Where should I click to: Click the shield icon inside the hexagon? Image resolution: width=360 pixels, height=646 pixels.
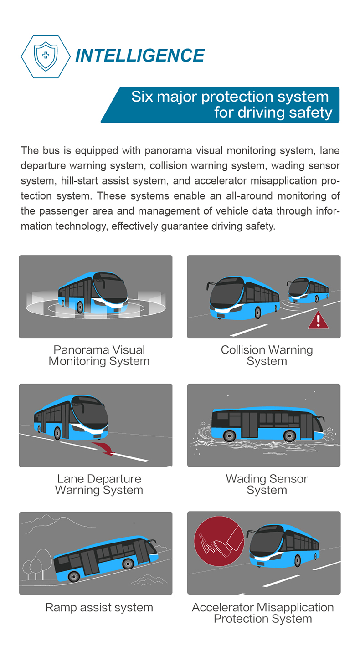click(x=46, y=56)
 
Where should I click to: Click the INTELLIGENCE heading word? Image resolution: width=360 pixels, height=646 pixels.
click(x=139, y=56)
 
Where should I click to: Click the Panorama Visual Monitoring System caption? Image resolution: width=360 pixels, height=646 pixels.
click(x=99, y=356)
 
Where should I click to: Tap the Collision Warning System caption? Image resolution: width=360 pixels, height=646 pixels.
click(x=267, y=356)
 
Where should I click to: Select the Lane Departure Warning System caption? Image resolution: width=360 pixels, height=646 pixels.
click(x=99, y=485)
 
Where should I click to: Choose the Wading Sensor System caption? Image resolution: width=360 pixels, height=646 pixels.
click(x=267, y=485)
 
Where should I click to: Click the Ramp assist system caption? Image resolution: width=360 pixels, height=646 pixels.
click(x=99, y=608)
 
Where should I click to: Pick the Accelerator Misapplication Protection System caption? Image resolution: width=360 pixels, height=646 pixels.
click(x=262, y=613)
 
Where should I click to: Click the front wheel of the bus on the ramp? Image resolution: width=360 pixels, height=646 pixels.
click(x=128, y=564)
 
